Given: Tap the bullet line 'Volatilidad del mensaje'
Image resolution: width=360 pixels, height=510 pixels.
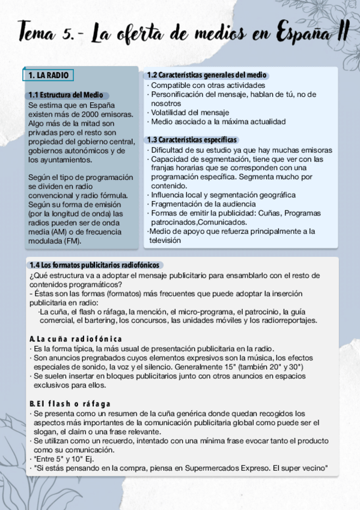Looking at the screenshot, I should tap(190, 112).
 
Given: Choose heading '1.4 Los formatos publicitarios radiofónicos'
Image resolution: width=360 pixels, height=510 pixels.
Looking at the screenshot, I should tap(96, 265).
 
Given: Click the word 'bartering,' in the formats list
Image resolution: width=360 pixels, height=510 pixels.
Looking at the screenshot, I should tap(99, 321).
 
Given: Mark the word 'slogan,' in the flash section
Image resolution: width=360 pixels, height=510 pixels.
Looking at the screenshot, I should tap(47, 432).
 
